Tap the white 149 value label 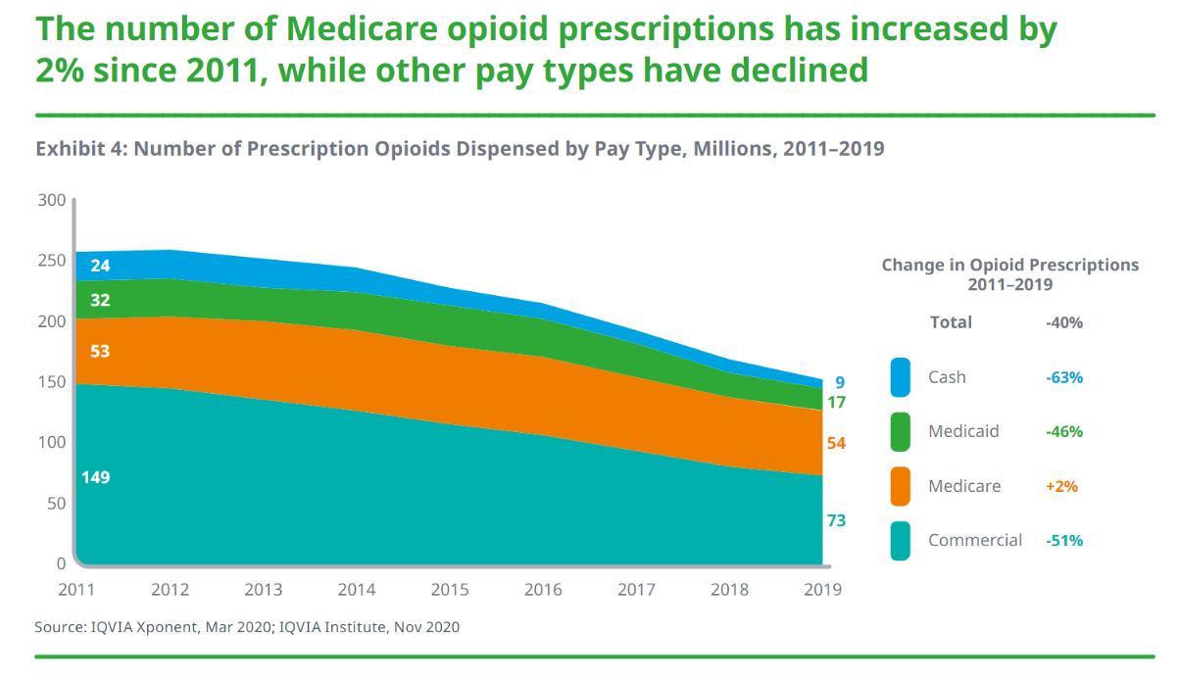coord(96,477)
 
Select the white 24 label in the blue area coord(100,266)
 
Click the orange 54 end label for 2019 coord(835,443)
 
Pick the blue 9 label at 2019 coord(840,383)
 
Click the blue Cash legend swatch coord(901,377)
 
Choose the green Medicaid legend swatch coord(901,432)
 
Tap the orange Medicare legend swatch coord(901,486)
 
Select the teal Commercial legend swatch coord(901,540)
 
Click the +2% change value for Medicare coord(1061,486)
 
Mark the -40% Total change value coord(1063,322)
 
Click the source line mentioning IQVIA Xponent coord(247,626)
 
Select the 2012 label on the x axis coord(170,590)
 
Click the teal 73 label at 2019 coord(835,520)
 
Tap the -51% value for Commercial coord(1063,540)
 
